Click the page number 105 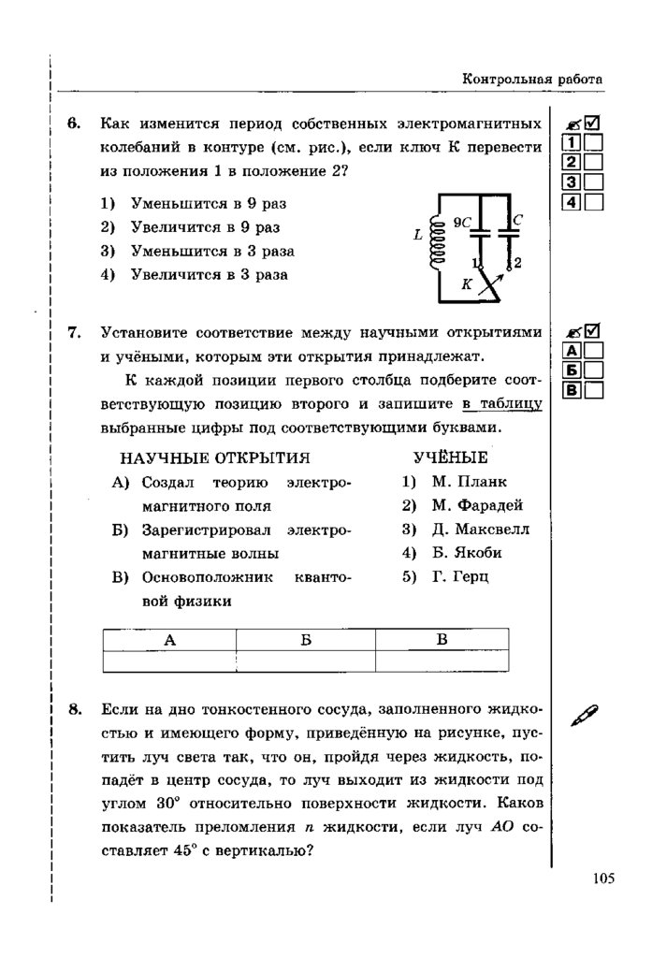click(602, 878)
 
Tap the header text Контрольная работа click(532, 80)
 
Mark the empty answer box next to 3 click(594, 182)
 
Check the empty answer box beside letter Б click(594, 370)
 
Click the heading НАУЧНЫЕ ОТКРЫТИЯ click(215, 457)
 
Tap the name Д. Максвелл click(479, 529)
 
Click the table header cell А click(169, 640)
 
